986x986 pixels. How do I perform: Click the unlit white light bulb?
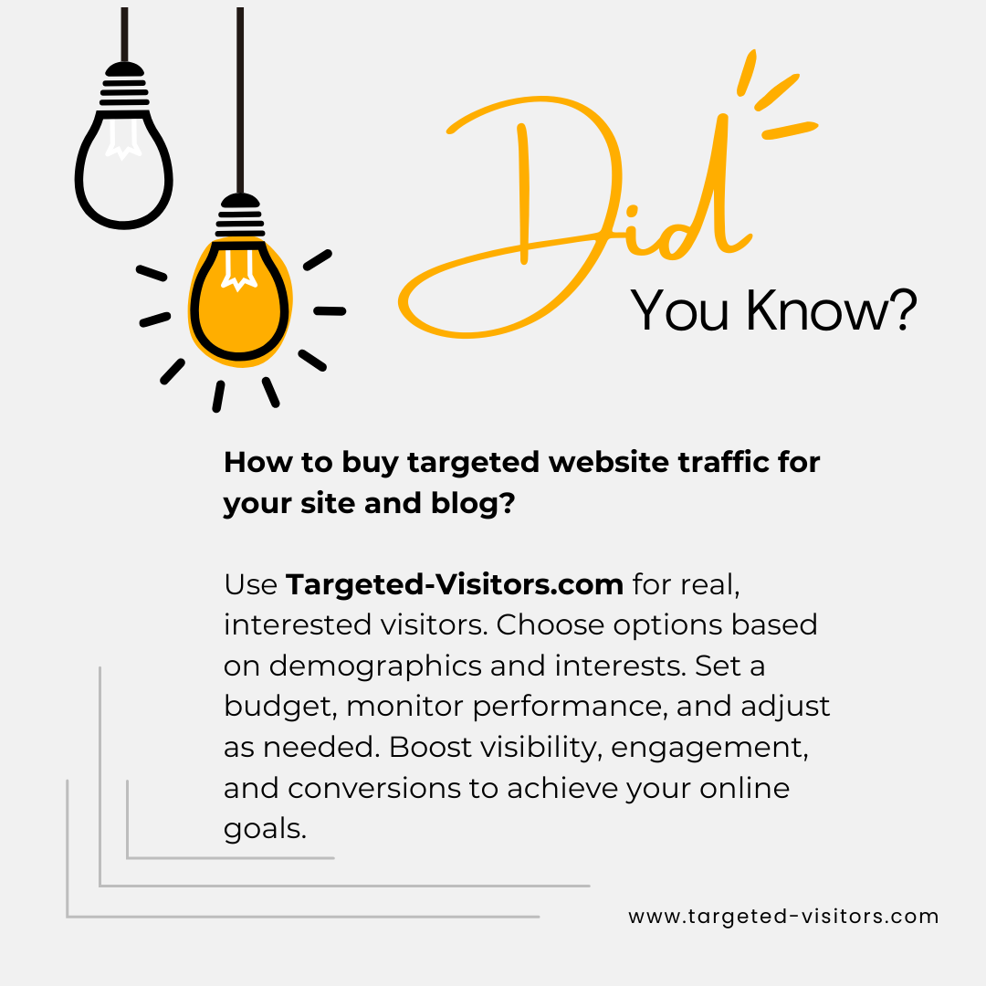click(x=124, y=170)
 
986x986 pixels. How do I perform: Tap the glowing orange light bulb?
click(x=239, y=302)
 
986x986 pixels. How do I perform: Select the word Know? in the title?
click(x=832, y=310)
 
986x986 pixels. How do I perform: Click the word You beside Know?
click(x=680, y=310)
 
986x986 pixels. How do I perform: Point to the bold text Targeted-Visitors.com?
click(x=455, y=585)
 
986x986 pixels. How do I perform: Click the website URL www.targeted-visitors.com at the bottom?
click(x=783, y=917)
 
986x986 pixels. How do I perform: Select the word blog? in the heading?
click(x=473, y=503)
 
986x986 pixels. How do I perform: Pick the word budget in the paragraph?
click(x=280, y=707)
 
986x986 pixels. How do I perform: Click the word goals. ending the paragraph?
click(x=265, y=830)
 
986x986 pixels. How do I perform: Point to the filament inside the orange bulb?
click(x=239, y=270)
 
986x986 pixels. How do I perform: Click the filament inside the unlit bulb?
click(x=123, y=139)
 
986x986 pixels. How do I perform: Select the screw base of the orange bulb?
click(x=239, y=217)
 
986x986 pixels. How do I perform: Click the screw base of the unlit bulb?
click(x=124, y=86)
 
